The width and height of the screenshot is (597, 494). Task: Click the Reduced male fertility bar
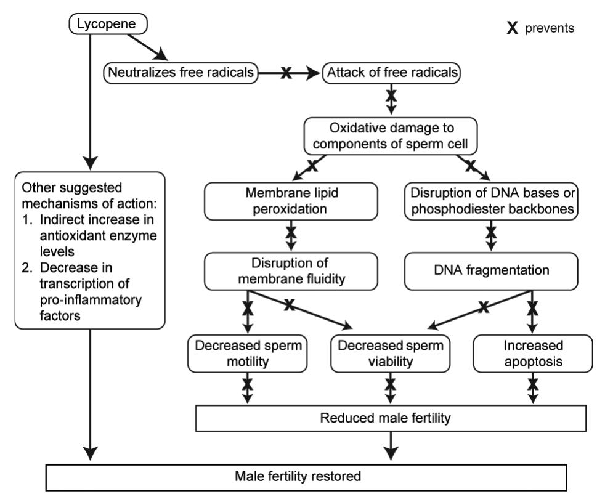pyautogui.click(x=390, y=418)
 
